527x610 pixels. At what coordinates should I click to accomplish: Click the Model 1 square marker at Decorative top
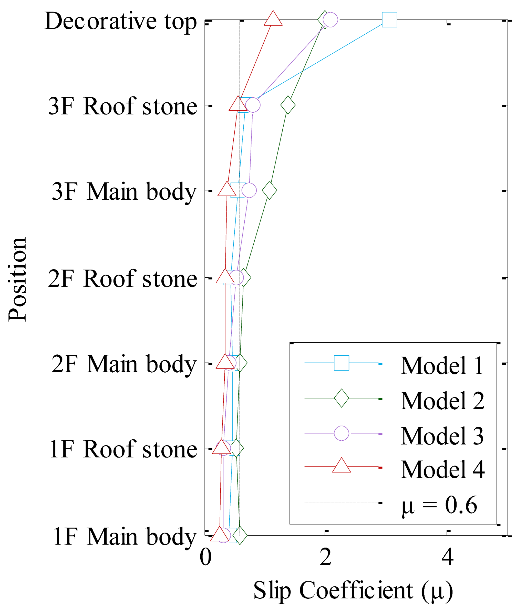pos(389,20)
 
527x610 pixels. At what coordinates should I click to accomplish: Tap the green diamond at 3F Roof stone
pos(288,105)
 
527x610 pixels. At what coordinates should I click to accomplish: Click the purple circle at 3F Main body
pos(249,190)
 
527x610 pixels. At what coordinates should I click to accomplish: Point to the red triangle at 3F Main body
pos(227,189)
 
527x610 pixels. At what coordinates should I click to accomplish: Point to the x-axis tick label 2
pos(326,558)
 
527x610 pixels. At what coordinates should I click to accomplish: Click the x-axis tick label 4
pos(448,558)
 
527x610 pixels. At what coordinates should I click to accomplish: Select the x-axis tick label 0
pos(205,558)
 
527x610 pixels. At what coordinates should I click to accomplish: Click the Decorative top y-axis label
pos(121,22)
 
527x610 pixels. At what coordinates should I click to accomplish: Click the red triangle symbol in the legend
pos(342,466)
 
